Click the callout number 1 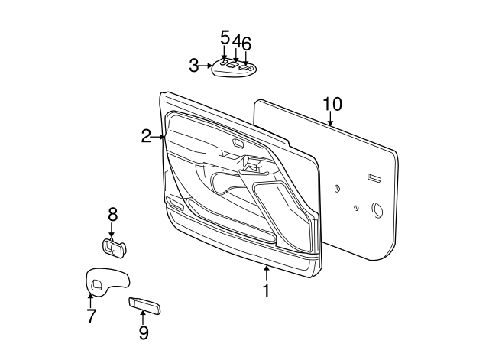(x=266, y=291)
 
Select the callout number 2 (x=146, y=137)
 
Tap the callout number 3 (x=194, y=66)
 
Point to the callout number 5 (x=225, y=37)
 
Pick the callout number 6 (x=246, y=44)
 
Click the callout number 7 (x=91, y=316)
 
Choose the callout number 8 (x=112, y=215)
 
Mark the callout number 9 (x=143, y=332)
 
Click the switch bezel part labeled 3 (x=233, y=69)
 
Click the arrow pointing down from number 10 (x=331, y=119)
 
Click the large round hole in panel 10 (x=377, y=208)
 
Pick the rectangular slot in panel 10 (x=374, y=178)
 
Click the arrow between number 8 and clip (x=112, y=230)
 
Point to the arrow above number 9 (x=143, y=316)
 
